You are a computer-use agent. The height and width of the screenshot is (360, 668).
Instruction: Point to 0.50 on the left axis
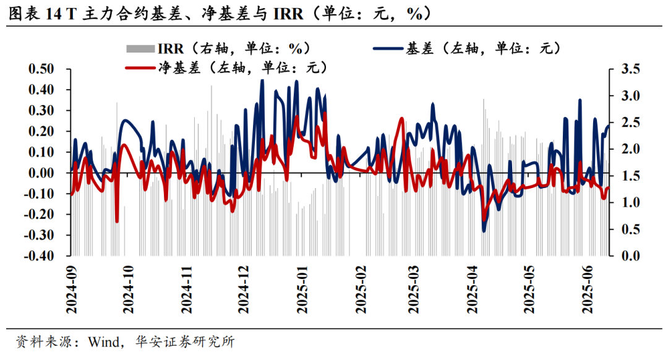point(41,69)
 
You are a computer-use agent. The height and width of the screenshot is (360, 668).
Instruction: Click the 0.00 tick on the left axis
point(41,173)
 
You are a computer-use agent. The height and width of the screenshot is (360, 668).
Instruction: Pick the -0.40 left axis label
point(39,256)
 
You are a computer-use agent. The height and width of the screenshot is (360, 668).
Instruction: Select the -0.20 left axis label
point(39,215)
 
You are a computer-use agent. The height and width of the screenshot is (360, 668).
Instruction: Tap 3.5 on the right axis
point(622,69)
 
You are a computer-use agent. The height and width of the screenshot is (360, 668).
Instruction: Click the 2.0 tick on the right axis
point(622,149)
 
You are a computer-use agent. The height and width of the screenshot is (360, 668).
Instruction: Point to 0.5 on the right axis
point(622,229)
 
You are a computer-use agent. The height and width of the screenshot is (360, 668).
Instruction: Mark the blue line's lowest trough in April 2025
point(484,231)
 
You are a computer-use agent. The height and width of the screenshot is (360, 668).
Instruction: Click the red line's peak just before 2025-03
point(402,119)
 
